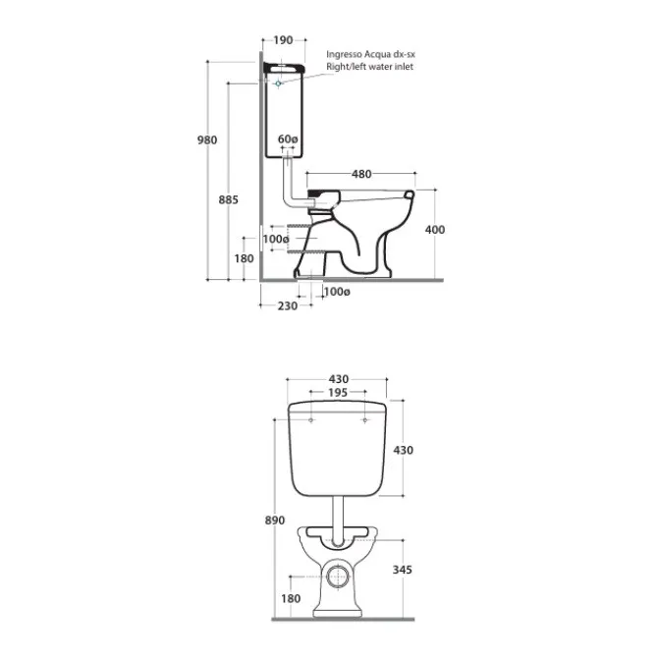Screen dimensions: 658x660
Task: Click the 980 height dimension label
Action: (x=207, y=139)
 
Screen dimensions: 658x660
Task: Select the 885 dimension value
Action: (x=228, y=199)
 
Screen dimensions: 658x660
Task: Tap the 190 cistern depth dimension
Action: (x=283, y=40)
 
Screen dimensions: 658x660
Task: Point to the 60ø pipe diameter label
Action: (x=288, y=138)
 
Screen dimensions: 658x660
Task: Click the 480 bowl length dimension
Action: (x=361, y=174)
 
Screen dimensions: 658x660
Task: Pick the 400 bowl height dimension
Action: (x=434, y=230)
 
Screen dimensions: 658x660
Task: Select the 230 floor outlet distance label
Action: (x=288, y=305)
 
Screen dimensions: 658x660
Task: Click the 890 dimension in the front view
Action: (x=274, y=521)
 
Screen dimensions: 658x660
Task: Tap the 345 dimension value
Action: (x=402, y=570)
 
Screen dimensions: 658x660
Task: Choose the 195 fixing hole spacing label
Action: (x=338, y=392)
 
